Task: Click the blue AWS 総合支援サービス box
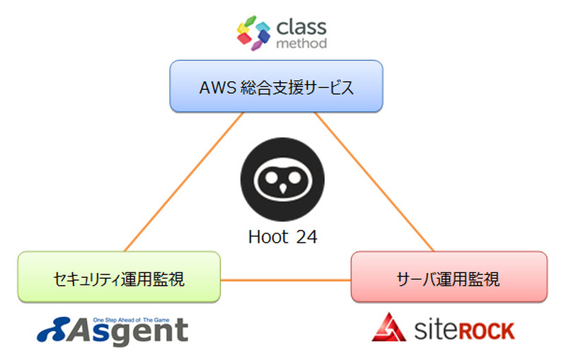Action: click(x=276, y=86)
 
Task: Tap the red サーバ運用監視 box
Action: click(x=449, y=278)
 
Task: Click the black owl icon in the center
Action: click(x=282, y=180)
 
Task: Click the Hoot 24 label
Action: click(x=282, y=237)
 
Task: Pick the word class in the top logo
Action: click(x=301, y=28)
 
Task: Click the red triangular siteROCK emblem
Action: click(x=390, y=326)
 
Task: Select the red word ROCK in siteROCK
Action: click(x=484, y=330)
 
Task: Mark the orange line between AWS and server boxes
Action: click(x=375, y=181)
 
